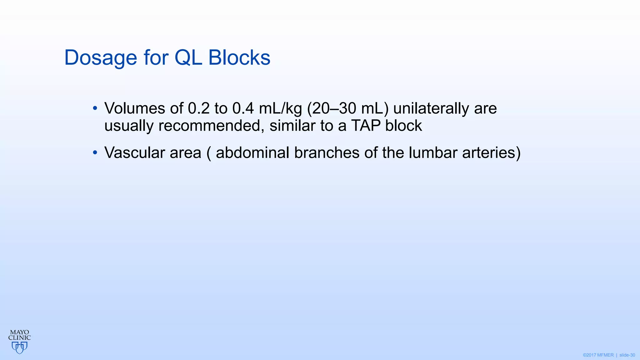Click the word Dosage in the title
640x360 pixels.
(x=101, y=58)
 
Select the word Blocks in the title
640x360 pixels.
(x=239, y=58)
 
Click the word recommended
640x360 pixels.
(x=209, y=126)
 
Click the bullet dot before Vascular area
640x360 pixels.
(x=95, y=153)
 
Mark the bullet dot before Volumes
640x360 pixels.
(x=95, y=109)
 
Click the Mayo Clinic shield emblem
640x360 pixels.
(x=19, y=347)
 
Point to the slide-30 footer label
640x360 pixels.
(x=627, y=355)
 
